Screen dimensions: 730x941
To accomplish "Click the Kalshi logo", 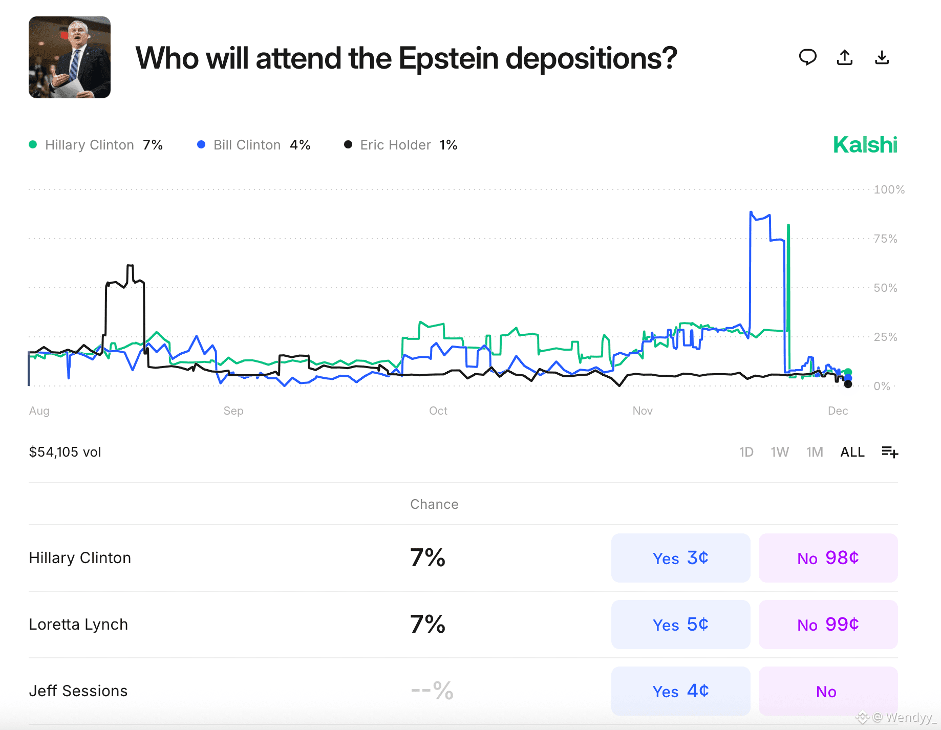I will pos(865,145).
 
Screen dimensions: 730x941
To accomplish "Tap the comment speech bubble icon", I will pos(807,57).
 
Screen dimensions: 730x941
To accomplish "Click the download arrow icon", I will pos(882,57).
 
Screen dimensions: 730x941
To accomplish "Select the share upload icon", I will pos(845,57).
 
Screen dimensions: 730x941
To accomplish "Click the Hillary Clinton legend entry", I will pos(96,145).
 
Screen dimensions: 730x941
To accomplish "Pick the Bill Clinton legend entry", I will pos(254,145).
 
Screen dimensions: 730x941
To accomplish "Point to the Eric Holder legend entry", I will pos(401,145).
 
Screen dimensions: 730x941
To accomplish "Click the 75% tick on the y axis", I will pos(885,239).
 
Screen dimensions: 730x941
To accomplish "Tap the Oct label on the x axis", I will pos(438,411).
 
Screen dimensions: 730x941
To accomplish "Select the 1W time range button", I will pos(779,452).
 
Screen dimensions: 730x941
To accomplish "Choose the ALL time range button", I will pos(852,452).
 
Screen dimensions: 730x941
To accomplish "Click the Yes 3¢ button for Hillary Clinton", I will pos(680,558).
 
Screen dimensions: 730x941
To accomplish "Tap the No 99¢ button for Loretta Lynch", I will pos(828,625).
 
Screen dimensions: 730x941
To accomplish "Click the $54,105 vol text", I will pos(65,452).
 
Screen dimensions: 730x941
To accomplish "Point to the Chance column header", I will pos(434,504).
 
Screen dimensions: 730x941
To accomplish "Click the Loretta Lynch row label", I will pos(78,625).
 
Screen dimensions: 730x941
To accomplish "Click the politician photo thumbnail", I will pos(70,57).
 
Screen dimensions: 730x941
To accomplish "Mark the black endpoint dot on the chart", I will pos(848,384).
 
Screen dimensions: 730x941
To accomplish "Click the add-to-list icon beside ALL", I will pos(889,452).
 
